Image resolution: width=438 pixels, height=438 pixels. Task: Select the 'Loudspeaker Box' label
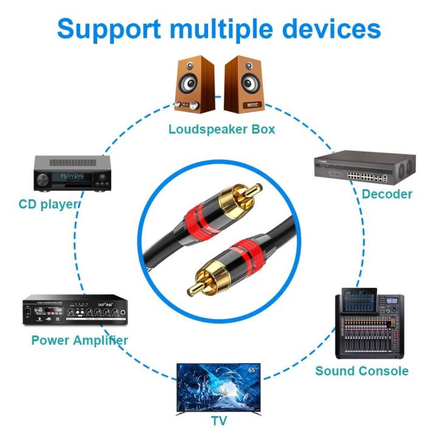[x=221, y=129]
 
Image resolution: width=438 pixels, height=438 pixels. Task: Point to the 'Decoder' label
[x=387, y=194]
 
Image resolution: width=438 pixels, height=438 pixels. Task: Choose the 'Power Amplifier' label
[x=80, y=340]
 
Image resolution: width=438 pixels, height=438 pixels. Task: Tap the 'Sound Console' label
[x=361, y=370]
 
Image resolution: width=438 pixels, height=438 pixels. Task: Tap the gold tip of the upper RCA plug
[x=254, y=190]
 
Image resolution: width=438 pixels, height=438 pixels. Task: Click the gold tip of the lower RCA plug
[x=193, y=285]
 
